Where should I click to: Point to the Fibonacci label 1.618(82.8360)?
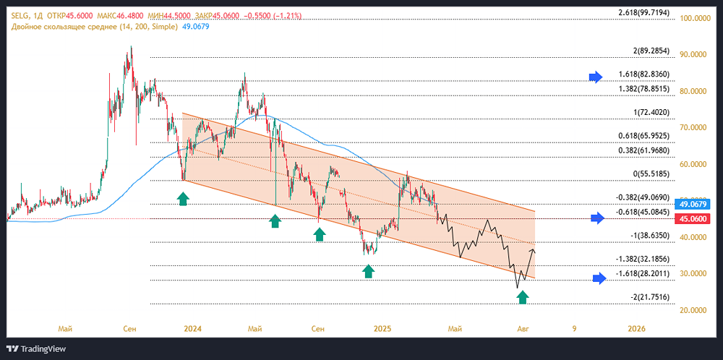[x=649, y=74]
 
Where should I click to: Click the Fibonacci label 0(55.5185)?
[x=656, y=175]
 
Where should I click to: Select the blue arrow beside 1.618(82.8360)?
[x=595, y=77]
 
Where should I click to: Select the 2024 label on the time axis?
[x=192, y=329]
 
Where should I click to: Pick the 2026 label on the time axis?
[x=637, y=329]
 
